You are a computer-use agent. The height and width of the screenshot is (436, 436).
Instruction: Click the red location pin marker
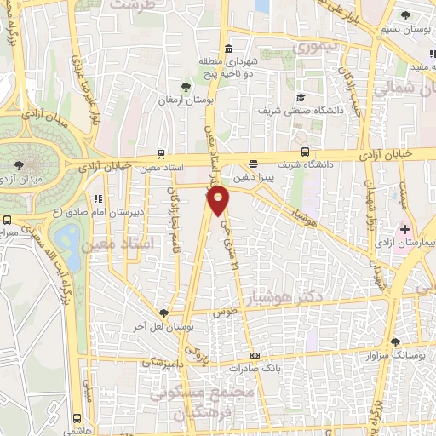point(219,200)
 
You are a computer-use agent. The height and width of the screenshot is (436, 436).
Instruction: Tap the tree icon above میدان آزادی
point(20,164)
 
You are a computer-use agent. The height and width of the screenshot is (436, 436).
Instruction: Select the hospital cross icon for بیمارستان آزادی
point(404,229)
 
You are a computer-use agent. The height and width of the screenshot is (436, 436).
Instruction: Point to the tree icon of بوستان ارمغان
point(186,86)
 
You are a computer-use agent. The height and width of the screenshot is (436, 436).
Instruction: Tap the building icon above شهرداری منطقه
point(228,49)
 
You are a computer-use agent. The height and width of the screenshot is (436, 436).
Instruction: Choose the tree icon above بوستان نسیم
point(404,15)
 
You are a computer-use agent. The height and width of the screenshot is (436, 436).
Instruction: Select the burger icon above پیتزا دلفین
point(253,164)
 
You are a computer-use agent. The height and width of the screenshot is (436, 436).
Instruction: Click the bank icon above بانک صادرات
point(253,355)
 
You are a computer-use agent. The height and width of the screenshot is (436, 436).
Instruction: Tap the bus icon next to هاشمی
point(77,418)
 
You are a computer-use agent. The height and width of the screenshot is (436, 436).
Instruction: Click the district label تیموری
point(315,46)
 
